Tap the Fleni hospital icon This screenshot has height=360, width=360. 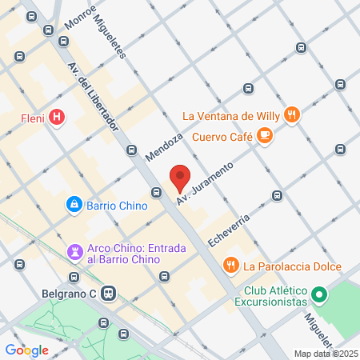pos(57,118)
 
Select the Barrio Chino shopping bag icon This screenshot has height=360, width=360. pos(74,205)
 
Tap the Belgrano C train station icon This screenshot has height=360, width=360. pos(110,294)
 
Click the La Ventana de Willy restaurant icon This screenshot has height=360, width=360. pos(293,114)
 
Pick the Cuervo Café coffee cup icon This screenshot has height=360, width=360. pos(265,137)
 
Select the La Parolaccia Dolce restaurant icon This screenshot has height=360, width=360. pos(230,265)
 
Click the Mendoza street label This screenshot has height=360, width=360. pos(164,143)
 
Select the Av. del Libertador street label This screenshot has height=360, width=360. pos(94,96)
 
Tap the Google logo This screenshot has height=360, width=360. pos(26,350)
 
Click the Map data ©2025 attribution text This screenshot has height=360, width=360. pos(326,354)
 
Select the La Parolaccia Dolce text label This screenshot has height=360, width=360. pos(293,266)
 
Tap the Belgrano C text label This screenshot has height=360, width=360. pos(69,294)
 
